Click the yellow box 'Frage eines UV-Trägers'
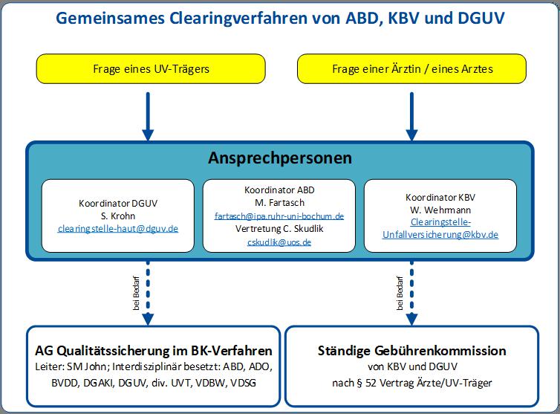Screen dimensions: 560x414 [151, 68]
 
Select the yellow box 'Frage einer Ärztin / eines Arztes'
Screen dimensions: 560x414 [411, 68]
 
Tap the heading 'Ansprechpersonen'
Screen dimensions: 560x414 [280, 158]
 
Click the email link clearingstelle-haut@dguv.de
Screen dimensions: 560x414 [118, 228]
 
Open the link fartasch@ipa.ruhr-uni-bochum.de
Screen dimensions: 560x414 [279, 216]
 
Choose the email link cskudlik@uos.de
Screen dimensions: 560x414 [279, 242]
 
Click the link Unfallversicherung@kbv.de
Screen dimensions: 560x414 [440, 235]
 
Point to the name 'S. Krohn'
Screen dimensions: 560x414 [118, 216]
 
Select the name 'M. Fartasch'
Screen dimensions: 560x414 [280, 203]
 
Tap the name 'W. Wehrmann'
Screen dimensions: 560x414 [440, 210]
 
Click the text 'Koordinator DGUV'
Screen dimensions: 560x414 [118, 204]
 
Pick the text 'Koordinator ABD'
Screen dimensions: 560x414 [279, 190]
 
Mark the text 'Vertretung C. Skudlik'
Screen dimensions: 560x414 [279, 229]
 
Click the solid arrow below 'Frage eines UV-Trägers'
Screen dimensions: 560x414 [148, 117]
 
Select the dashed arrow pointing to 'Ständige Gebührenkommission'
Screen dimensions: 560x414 [411, 293]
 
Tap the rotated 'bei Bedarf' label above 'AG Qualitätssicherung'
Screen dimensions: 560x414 [136, 293]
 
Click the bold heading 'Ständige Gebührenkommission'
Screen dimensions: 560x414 [411, 351]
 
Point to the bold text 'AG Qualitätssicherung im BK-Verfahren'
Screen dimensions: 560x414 [154, 351]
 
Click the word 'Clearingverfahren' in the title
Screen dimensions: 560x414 [238, 19]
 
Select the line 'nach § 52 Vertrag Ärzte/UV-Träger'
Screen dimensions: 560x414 [411, 383]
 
